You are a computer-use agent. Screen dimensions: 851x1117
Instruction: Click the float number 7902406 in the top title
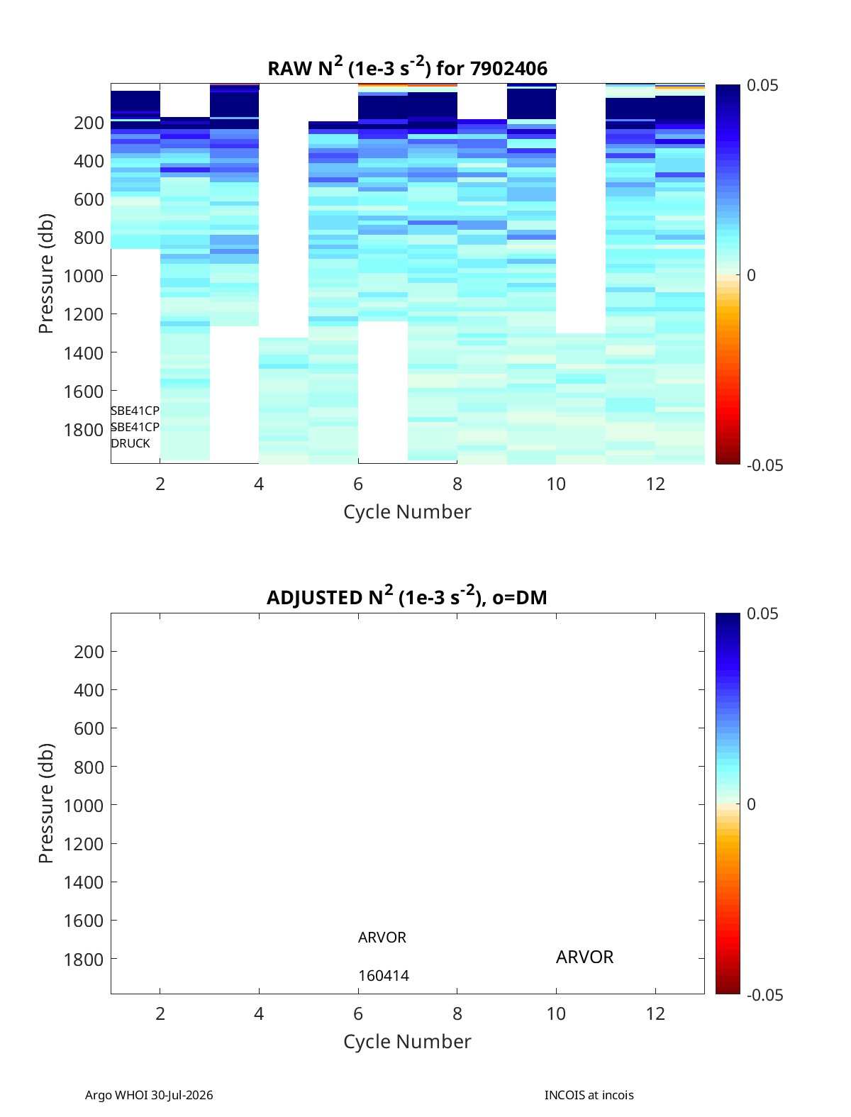click(x=508, y=69)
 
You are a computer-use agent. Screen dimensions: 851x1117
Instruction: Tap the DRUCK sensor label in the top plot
click(x=130, y=443)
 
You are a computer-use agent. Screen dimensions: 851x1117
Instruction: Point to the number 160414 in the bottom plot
click(x=384, y=976)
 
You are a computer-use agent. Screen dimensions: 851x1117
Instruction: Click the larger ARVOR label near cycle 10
click(x=584, y=957)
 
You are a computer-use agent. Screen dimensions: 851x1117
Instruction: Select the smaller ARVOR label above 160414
click(x=382, y=938)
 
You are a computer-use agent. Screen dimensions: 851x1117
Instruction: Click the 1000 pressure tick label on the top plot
click(x=84, y=276)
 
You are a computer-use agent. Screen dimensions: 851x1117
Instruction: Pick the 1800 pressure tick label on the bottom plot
click(x=84, y=960)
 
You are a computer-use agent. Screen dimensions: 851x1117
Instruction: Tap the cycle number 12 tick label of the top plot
click(x=655, y=484)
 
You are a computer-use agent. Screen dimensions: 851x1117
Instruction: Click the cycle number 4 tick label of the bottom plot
click(x=259, y=1013)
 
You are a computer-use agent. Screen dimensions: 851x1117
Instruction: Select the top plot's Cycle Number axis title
click(x=408, y=512)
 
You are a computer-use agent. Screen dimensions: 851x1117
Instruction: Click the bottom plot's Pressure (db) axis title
click(x=46, y=803)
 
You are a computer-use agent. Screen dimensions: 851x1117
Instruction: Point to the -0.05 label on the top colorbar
click(x=764, y=465)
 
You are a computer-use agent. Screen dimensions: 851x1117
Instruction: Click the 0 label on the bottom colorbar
click(x=751, y=804)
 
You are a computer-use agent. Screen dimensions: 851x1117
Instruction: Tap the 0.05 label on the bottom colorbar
click(x=762, y=613)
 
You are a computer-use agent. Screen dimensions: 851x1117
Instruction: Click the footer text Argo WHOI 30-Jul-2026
click(x=149, y=1095)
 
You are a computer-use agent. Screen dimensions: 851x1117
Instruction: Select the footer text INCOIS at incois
click(x=589, y=1095)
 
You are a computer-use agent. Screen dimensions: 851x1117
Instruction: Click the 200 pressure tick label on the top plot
click(x=89, y=123)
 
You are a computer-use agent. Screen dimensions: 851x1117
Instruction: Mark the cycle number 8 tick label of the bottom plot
click(x=457, y=1013)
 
